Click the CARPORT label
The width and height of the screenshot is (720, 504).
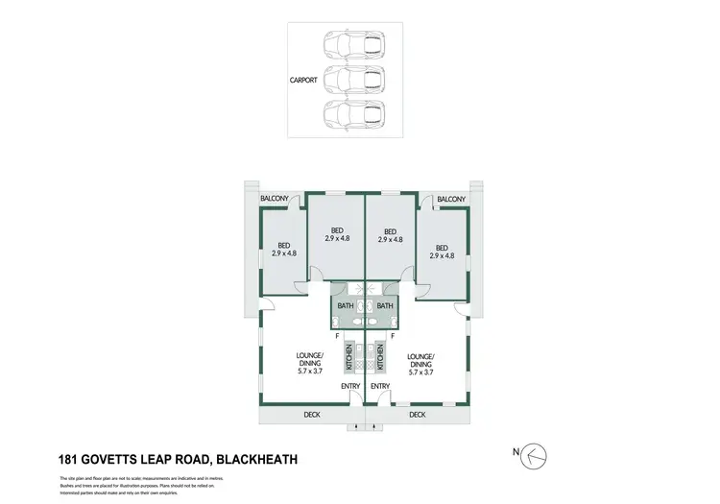303,81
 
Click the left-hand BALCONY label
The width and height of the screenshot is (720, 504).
276,200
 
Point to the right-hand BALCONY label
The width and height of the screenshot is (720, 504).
450,200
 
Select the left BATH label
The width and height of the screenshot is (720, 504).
346,306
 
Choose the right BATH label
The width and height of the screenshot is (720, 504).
384,306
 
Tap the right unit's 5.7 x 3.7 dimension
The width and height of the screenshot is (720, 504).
421,372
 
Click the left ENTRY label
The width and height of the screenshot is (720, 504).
349,387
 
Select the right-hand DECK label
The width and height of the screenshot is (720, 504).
417,416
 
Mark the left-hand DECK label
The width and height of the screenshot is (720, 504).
312,416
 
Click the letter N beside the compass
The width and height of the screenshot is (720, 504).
514,452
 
